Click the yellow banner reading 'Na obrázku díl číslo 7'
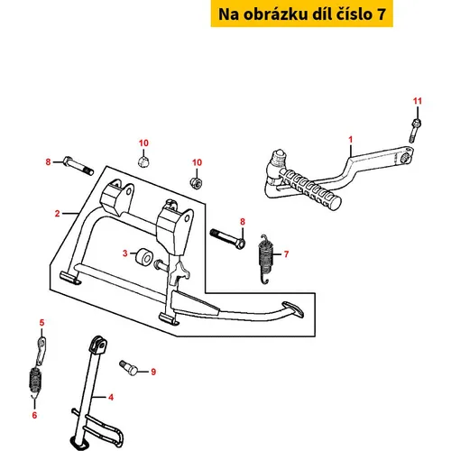click(x=301, y=14)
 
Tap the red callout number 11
click(x=418, y=101)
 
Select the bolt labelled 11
click(x=415, y=130)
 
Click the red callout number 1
click(x=350, y=140)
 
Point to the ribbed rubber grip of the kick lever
click(x=310, y=189)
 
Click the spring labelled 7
click(x=265, y=259)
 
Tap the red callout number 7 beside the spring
click(x=286, y=254)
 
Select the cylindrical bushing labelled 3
click(x=143, y=258)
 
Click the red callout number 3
click(x=125, y=253)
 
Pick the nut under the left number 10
click(x=143, y=161)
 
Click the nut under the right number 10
click(x=196, y=182)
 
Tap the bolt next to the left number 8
click(x=78, y=166)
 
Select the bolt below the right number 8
click(x=227, y=239)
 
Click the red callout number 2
click(x=57, y=214)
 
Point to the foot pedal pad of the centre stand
click(x=292, y=309)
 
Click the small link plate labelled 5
click(x=41, y=351)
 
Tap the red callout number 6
click(x=34, y=415)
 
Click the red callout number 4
click(x=111, y=398)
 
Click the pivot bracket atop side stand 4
click(x=98, y=345)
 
